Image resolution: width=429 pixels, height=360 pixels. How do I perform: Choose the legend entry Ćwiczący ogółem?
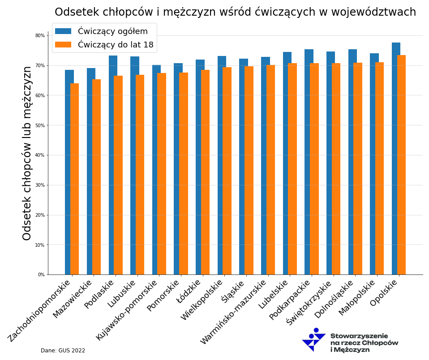point(112,31)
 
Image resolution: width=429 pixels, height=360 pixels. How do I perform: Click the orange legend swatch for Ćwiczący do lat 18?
point(63,45)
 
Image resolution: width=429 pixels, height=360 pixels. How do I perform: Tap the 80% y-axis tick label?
point(40,35)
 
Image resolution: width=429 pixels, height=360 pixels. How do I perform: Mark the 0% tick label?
point(41,274)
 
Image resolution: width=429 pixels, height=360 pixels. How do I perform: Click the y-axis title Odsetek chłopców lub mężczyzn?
point(27,153)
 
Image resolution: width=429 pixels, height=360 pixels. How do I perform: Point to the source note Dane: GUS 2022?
point(63,351)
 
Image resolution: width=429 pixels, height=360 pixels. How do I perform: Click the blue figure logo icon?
point(313,340)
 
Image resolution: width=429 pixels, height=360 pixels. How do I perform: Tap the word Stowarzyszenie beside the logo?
point(359,336)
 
